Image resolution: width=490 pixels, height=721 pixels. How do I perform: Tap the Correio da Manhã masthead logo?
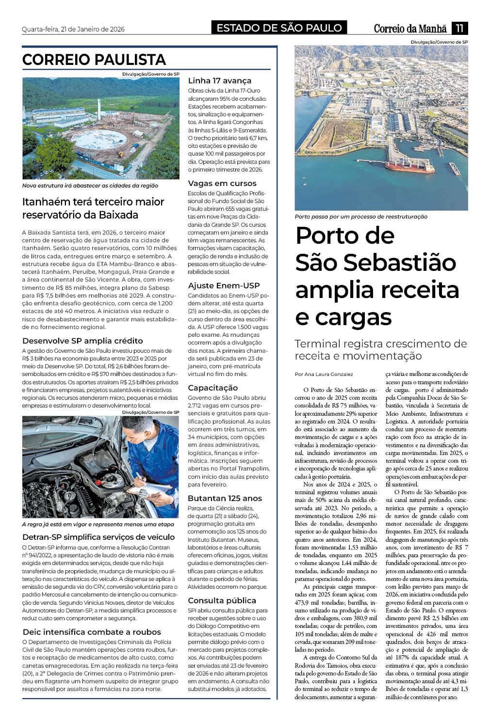(x=409, y=29)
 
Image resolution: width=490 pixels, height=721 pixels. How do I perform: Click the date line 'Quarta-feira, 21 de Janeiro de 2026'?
(x=73, y=29)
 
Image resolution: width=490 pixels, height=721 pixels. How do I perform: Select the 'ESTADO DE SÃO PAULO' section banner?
(x=279, y=28)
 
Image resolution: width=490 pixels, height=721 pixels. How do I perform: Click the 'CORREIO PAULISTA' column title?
(x=94, y=60)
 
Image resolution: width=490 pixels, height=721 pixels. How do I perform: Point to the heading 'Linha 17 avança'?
(x=219, y=80)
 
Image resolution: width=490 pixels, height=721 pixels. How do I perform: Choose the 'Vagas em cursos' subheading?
(x=222, y=183)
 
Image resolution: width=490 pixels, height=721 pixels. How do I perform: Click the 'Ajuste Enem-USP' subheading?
(x=224, y=285)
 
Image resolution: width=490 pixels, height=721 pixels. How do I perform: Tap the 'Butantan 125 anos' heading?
(x=225, y=498)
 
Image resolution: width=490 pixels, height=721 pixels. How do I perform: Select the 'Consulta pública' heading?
(x=222, y=600)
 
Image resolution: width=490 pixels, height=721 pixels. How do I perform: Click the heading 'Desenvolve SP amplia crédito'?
(x=82, y=341)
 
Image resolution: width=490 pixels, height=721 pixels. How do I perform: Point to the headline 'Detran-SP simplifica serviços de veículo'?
(x=98, y=537)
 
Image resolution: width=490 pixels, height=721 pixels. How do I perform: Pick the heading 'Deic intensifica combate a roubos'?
(x=92, y=632)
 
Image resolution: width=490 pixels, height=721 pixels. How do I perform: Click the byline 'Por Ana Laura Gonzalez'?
(x=324, y=374)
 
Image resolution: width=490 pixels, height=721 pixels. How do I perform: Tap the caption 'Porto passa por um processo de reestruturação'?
(x=361, y=217)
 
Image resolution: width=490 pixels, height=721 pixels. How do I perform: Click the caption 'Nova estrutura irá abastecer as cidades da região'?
(x=90, y=186)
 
